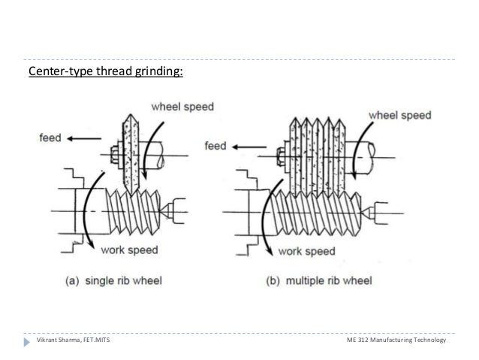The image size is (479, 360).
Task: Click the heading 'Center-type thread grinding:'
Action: tap(104, 73)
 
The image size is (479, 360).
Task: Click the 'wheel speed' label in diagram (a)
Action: tap(182, 107)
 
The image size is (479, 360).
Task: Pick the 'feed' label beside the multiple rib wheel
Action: tap(216, 145)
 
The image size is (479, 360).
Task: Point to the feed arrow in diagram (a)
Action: tap(79, 138)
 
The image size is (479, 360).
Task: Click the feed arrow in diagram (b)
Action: tap(247, 145)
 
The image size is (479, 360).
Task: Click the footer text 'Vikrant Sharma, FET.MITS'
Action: tap(72, 342)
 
